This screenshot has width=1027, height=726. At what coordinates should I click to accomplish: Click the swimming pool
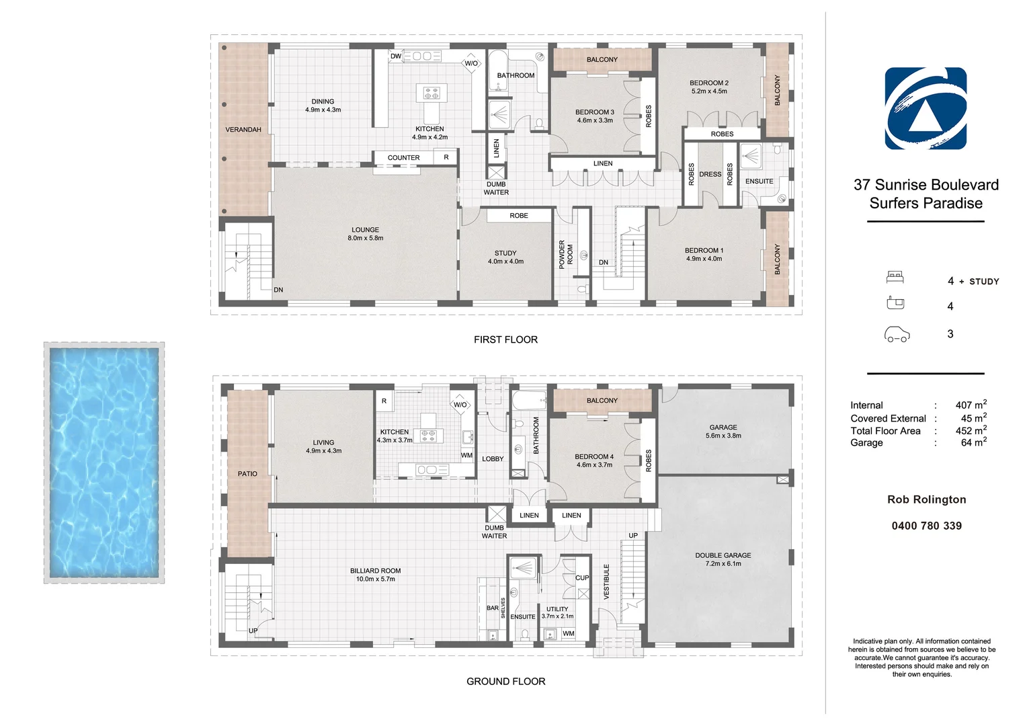104,462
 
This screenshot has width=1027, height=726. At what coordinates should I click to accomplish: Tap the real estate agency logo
926,108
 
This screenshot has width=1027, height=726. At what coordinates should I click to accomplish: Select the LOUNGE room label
365,230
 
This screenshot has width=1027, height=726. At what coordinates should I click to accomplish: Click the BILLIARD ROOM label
375,571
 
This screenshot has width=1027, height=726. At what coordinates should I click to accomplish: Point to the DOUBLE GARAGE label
723,555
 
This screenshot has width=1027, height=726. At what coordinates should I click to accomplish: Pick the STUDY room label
505,253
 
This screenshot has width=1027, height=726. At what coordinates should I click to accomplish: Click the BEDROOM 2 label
708,83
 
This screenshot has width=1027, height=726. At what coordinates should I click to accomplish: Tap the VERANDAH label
243,130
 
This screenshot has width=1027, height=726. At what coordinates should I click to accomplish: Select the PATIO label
247,474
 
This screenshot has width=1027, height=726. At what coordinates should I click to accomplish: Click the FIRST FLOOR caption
505,339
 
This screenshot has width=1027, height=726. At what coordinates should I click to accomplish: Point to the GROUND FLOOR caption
505,681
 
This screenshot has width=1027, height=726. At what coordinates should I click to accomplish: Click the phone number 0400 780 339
926,526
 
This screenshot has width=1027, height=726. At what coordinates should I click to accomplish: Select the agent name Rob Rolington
926,499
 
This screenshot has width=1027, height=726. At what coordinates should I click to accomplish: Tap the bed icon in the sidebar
895,277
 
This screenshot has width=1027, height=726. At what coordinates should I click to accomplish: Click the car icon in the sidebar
896,334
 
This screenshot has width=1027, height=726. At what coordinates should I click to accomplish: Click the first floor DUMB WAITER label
496,188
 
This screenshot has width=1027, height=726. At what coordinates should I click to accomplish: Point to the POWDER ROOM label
566,255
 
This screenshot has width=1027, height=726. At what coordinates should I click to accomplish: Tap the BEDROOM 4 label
594,456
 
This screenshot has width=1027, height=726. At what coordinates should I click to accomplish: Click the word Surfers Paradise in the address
926,203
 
